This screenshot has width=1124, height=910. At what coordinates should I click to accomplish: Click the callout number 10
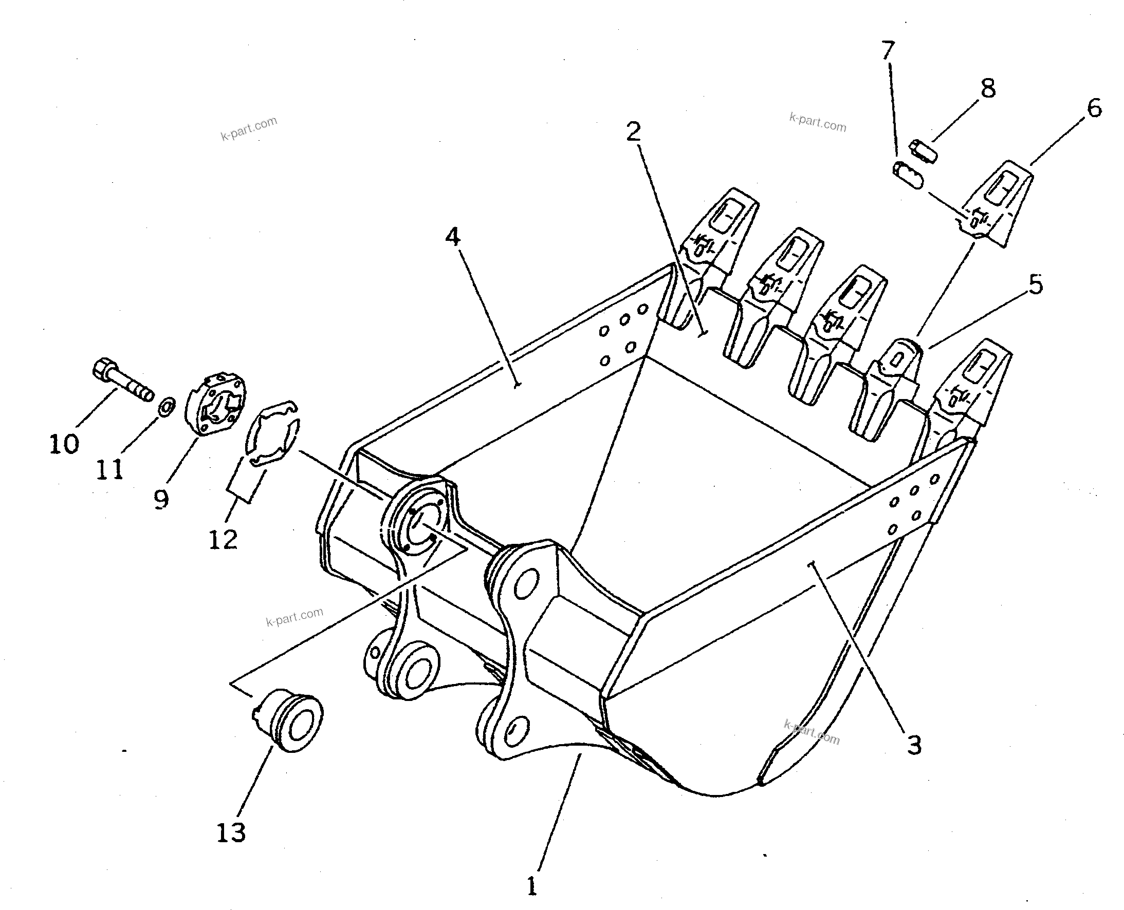pyautogui.click(x=64, y=444)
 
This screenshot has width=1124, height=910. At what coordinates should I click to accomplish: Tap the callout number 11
pyautogui.click(x=109, y=469)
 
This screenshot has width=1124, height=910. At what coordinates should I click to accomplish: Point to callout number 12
pyautogui.click(x=224, y=539)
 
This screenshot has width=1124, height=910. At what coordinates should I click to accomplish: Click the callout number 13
pyautogui.click(x=231, y=832)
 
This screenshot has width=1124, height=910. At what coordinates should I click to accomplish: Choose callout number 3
pyautogui.click(x=914, y=745)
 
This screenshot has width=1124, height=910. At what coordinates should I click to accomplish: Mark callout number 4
pyautogui.click(x=453, y=237)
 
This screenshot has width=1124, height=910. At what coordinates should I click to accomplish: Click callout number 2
pyautogui.click(x=634, y=131)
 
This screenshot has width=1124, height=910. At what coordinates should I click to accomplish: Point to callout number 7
pyautogui.click(x=887, y=51)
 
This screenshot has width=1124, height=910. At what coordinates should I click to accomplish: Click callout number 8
pyautogui.click(x=988, y=89)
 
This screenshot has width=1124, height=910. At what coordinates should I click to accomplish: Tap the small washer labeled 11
pyautogui.click(x=167, y=406)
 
